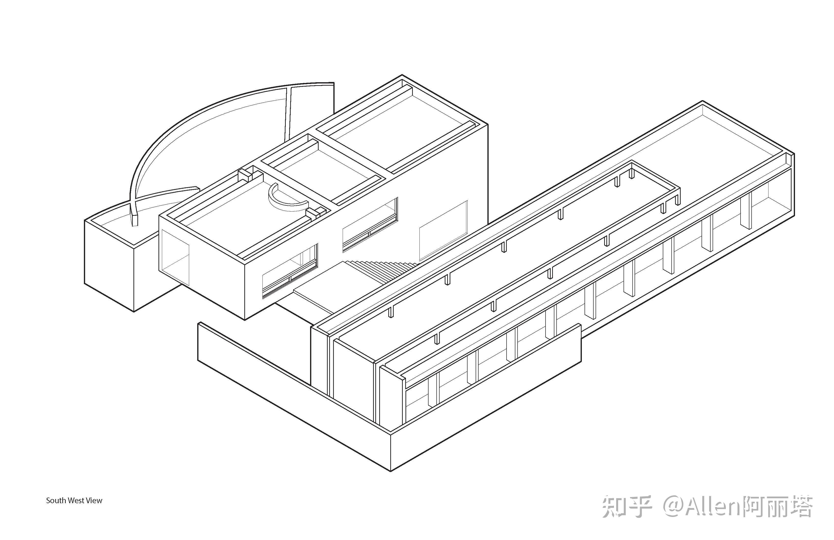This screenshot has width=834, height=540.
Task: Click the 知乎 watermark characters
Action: tap(627, 507)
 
